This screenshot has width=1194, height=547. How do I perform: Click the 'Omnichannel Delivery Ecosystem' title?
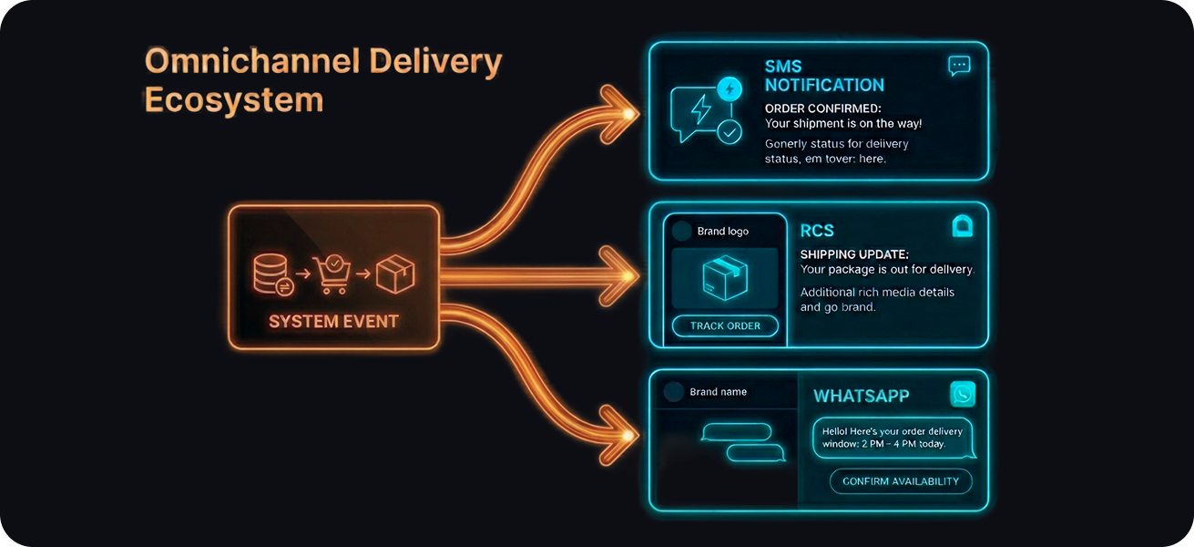point(323,80)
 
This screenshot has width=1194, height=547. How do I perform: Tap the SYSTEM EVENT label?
point(333,321)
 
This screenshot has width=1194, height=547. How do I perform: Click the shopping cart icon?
point(332,273)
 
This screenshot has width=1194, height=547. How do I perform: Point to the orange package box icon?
point(395,273)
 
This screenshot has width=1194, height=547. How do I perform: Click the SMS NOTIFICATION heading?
point(824,76)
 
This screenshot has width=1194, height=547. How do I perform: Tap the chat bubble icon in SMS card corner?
point(959,66)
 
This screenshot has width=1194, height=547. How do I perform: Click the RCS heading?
point(817,231)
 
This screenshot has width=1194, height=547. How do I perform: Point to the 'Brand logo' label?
point(722,232)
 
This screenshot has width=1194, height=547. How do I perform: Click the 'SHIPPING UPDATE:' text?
point(854,254)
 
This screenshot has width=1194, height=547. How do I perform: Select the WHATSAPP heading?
point(861,396)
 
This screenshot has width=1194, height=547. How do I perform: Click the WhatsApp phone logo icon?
point(963,394)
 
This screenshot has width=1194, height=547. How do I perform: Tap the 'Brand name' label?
point(718,392)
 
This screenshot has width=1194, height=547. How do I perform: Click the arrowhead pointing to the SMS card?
point(624,114)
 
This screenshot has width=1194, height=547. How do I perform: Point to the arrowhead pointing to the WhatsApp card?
point(624,436)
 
